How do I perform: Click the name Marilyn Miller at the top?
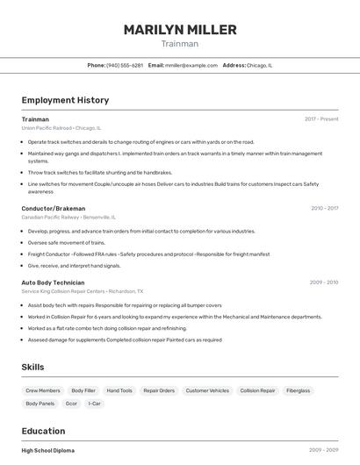180,30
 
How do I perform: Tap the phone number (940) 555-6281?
125,65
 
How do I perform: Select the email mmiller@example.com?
191,65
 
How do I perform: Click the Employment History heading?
65,100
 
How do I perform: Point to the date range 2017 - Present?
321,118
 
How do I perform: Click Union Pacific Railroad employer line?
61,127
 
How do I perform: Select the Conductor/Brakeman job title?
54,208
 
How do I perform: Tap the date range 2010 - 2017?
324,208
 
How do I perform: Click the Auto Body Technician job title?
53,283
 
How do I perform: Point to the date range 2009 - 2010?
324,283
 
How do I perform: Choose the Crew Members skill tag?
43,390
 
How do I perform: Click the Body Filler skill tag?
83,390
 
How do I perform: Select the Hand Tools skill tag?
119,390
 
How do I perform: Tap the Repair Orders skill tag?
159,390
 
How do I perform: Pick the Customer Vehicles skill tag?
207,390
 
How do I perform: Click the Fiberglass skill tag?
299,390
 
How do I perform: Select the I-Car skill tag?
96,404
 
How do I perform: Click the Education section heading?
44,431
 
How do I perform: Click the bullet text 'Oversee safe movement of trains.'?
67,242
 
